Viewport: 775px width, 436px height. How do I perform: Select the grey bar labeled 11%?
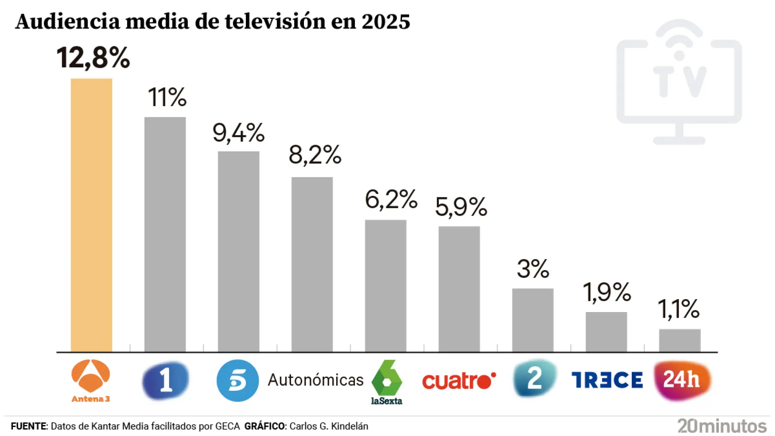coord(165,234)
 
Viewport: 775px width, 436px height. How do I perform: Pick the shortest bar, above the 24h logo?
coord(680,340)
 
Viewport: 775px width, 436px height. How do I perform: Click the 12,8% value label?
coord(93,58)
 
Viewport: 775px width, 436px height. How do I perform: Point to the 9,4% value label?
coord(239,133)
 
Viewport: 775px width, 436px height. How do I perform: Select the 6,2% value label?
coord(391,199)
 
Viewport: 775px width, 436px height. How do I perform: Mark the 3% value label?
coord(533,269)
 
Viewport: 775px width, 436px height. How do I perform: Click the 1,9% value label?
coord(607,292)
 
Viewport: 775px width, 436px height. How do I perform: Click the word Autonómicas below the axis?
coord(316,380)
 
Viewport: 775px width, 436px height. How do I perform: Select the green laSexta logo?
coord(387,382)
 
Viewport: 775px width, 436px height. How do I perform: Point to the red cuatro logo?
coord(459,381)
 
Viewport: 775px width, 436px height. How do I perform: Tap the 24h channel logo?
coord(682,380)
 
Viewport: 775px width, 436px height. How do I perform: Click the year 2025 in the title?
coord(386,22)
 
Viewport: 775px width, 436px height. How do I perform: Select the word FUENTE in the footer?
coord(29,426)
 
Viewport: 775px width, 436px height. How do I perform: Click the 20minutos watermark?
coord(722,426)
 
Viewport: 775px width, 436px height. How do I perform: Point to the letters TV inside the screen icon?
coord(680,82)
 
